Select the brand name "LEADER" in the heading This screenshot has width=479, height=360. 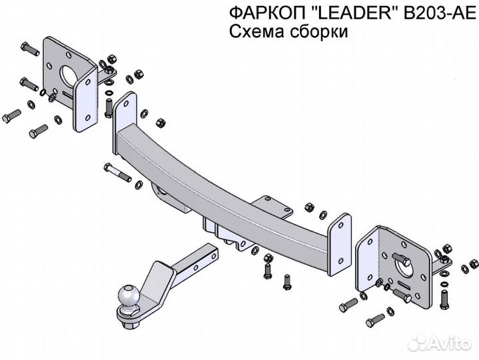336,13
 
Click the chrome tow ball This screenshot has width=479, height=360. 128,294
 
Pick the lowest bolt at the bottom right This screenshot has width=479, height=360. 378,319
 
